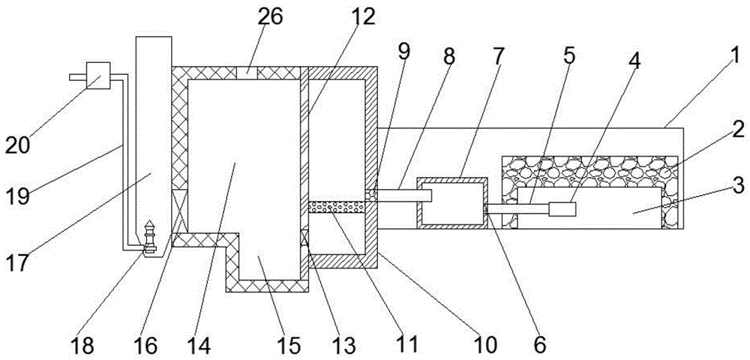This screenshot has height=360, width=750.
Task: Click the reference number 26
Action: coord(271,17)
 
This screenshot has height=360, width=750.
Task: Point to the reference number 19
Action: coord(28,197)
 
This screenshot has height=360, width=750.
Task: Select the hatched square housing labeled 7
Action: coord(452,202)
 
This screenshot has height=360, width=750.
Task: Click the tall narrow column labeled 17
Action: coord(151,135)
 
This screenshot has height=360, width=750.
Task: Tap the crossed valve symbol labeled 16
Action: coord(181,210)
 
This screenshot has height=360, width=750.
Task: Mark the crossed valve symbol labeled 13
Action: coord(304,241)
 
